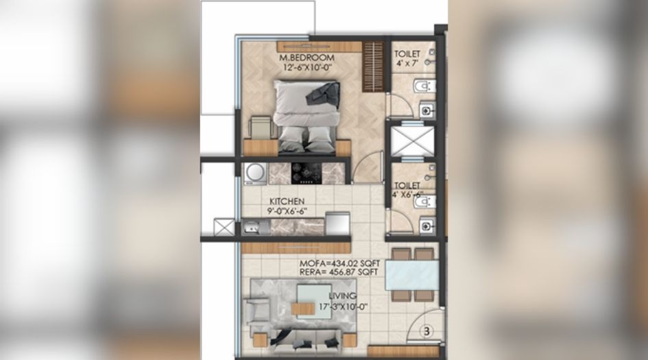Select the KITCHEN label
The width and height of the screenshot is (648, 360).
[x=287, y=201]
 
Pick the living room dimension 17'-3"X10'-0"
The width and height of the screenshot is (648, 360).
[x=340, y=307]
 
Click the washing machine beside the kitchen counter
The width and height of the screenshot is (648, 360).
[x=255, y=172]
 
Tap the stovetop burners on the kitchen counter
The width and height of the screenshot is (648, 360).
[x=306, y=172]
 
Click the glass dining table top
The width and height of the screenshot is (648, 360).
[x=412, y=276]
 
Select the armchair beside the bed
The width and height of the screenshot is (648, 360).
[x=260, y=128]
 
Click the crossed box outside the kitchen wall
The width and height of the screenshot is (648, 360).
[x=224, y=227]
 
